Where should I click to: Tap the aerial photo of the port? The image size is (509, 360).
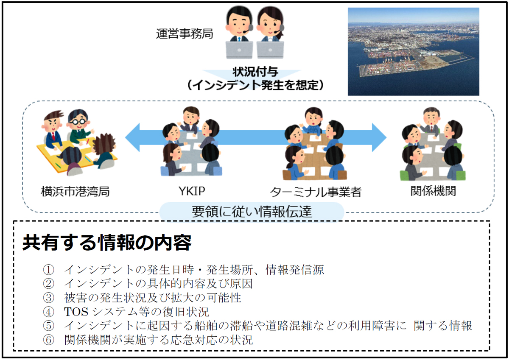tap(413, 51)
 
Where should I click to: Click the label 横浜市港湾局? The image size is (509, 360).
tap(76, 191)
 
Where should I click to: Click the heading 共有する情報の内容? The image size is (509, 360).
tap(107, 243)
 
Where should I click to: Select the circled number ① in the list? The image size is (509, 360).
tap(48, 269)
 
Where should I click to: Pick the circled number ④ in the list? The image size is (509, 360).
tap(48, 312)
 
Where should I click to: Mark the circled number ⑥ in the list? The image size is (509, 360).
tap(48, 340)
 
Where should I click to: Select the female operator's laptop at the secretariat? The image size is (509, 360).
tap(271, 49)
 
